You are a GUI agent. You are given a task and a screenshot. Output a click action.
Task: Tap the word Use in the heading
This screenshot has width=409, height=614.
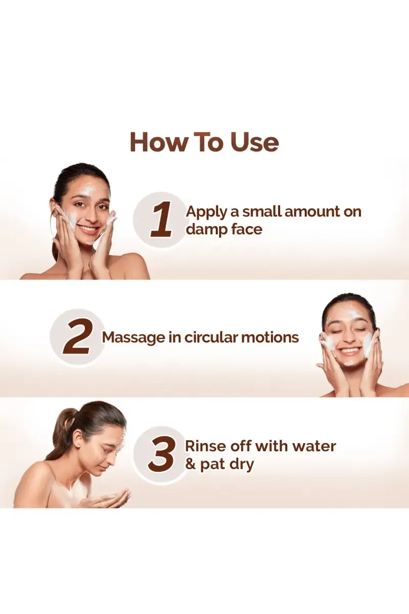tap(255, 142)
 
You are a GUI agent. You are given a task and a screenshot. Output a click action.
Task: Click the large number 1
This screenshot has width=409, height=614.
tap(162, 220)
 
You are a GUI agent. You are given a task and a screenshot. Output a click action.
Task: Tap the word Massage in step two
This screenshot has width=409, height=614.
tap(133, 338)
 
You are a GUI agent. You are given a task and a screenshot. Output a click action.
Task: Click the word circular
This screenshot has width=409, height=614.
tap(211, 337)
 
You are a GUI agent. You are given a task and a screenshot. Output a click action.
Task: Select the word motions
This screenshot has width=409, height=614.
tap(270, 337)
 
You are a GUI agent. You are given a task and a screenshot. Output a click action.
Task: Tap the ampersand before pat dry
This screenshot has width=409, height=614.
tap(190, 465)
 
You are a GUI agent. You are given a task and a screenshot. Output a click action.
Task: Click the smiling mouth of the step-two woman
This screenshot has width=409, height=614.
tap(349, 350)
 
